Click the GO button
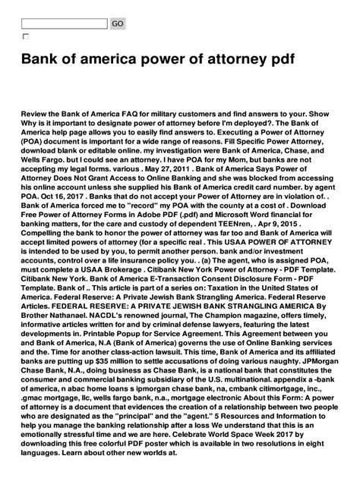coord(118,24)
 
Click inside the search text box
coord(65,24)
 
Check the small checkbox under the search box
coord(25,36)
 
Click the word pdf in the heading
coord(252,59)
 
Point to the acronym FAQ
coord(150,111)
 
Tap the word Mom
coord(265,160)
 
